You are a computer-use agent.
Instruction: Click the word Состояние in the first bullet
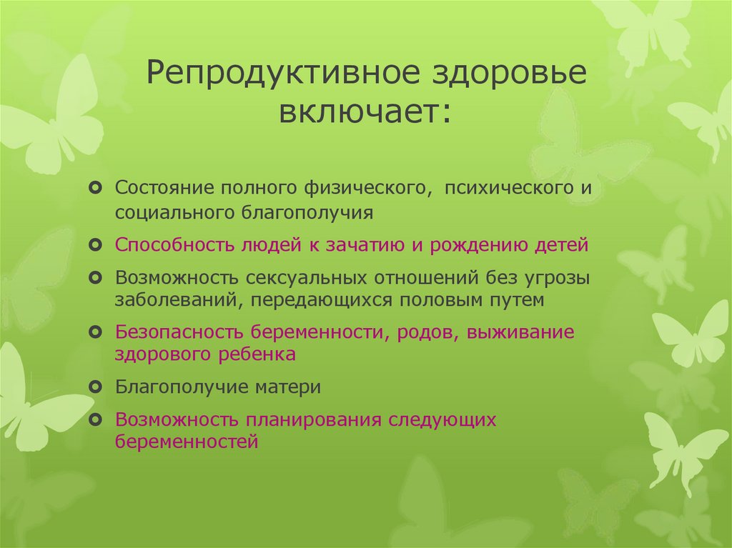[x=164, y=188]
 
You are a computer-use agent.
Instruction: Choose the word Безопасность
[x=177, y=332]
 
